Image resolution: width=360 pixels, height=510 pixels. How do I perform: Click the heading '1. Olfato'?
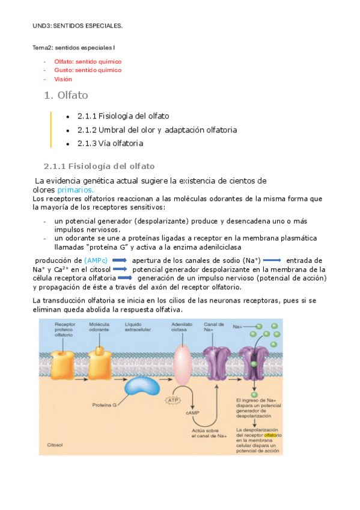pos(66,95)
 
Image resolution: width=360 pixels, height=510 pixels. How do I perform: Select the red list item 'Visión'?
pos(63,79)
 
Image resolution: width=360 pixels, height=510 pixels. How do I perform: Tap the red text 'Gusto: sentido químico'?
pos(88,70)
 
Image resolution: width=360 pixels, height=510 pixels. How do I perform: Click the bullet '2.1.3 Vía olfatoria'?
pos(110,143)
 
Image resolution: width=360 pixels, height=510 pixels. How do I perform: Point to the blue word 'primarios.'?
pos(75,189)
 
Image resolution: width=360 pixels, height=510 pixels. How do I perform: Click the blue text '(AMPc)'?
pos(96,260)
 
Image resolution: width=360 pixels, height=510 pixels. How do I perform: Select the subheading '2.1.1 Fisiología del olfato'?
pos(99,165)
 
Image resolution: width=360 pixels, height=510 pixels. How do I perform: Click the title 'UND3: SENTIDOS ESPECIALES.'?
pos(78,26)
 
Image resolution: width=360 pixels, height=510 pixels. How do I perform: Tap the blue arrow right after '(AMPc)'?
pos(119,260)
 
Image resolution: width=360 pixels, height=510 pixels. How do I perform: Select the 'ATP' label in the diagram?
pos(174,399)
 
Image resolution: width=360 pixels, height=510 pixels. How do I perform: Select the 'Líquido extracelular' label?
pos(139,327)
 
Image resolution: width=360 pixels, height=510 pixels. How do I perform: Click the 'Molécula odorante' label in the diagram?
pos(98,327)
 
